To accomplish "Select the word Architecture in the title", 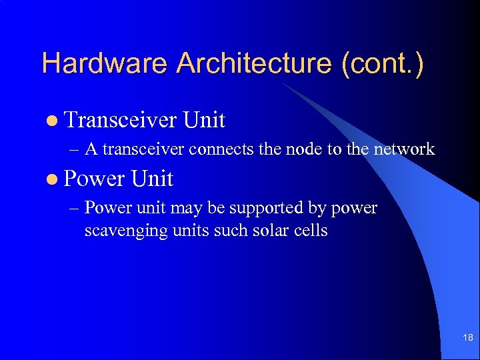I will pos(253,64).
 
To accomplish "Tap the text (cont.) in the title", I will pos(381,64).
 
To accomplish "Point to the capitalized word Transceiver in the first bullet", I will pos(122,120).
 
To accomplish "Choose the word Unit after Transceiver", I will pos(205,120).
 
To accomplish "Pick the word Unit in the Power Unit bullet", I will pos(152,179).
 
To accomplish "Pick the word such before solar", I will pos(225,231).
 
